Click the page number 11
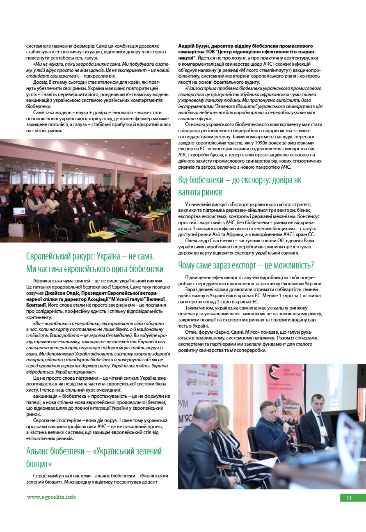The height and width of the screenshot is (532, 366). point(349,498)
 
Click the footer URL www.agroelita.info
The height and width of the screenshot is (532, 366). point(51,497)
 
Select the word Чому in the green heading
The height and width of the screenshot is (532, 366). point(188,265)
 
